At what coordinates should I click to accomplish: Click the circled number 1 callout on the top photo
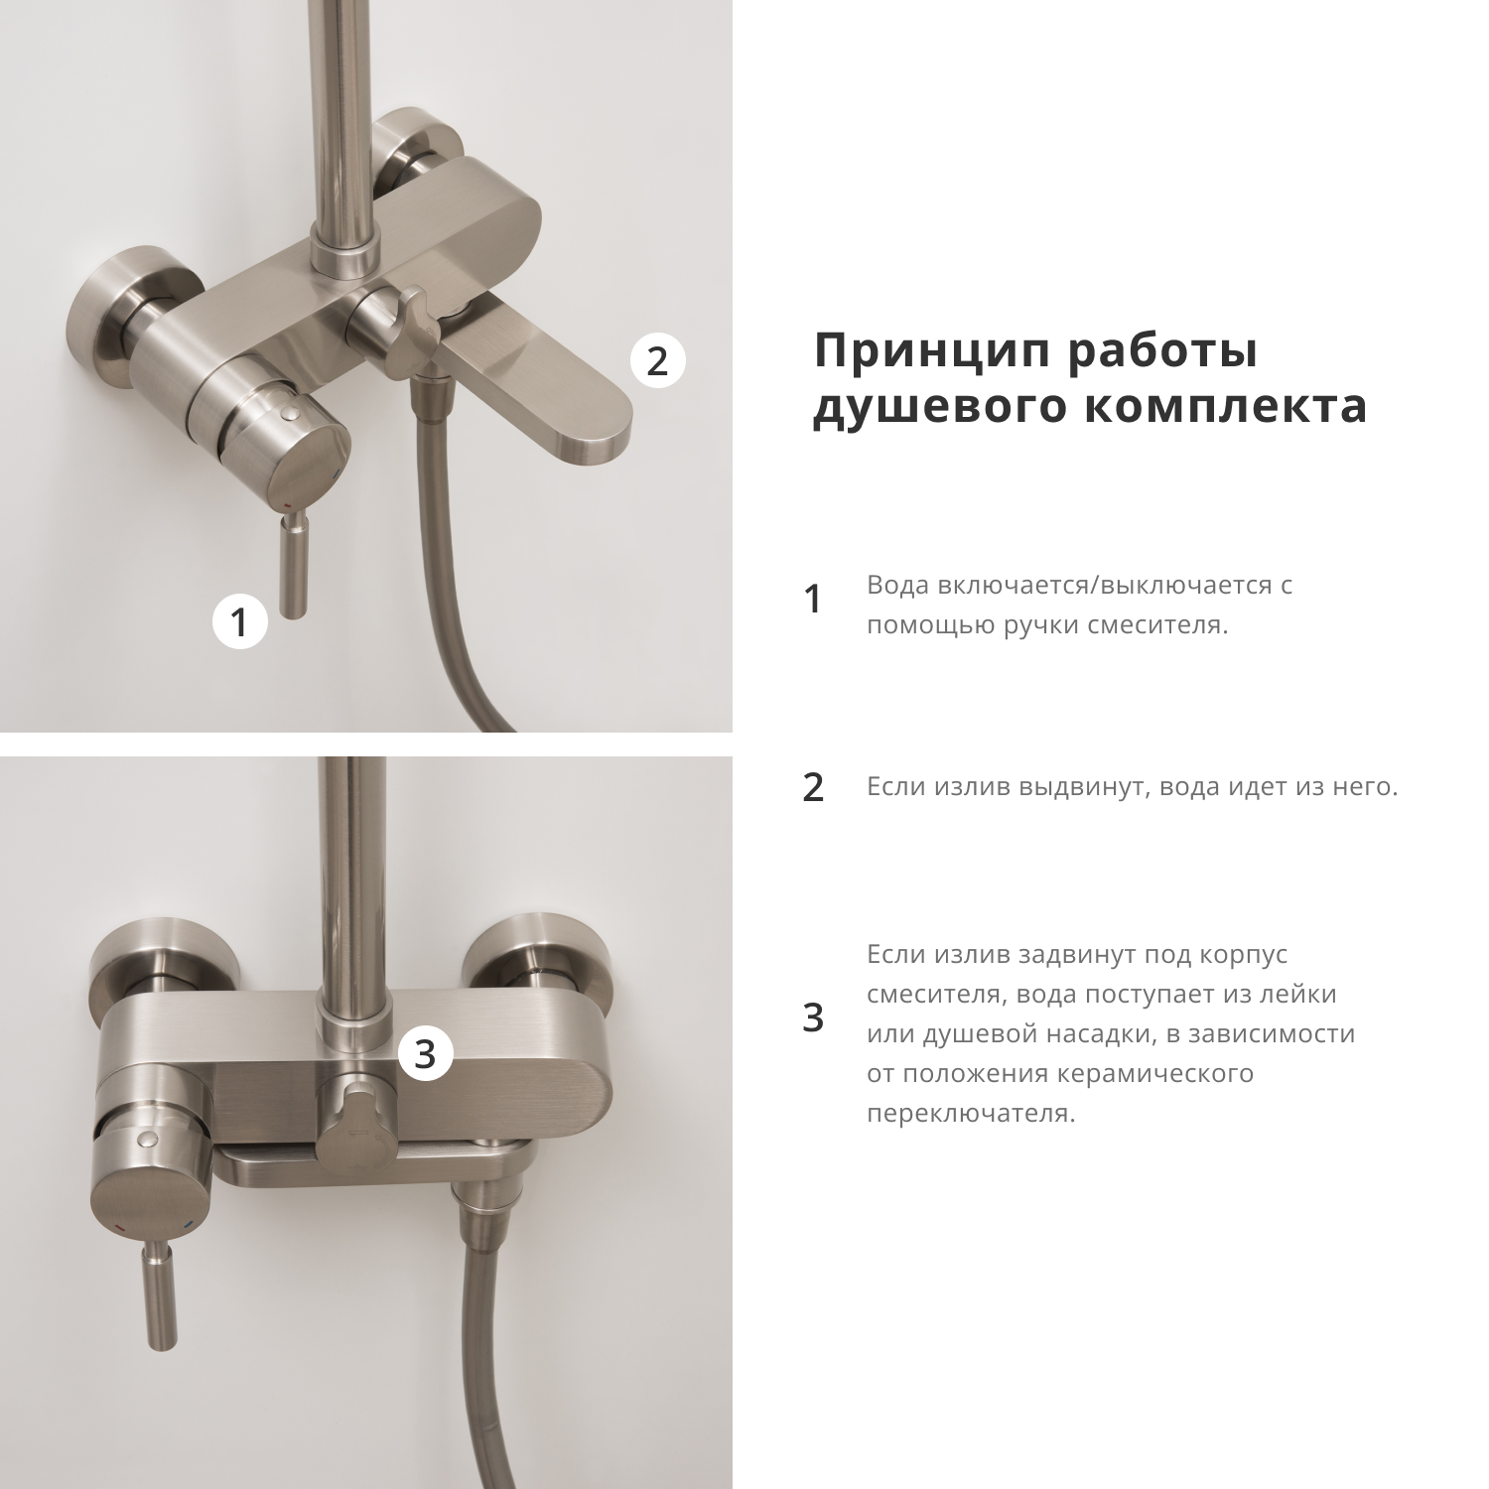(x=239, y=622)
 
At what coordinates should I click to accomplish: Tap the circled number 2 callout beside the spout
(x=657, y=360)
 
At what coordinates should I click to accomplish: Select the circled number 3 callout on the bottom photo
(x=425, y=1053)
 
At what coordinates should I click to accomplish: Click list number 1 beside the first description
(x=812, y=599)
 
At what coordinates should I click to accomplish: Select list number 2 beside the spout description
(x=812, y=787)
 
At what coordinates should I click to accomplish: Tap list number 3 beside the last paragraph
(x=812, y=1017)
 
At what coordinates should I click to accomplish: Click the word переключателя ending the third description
(x=970, y=1113)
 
